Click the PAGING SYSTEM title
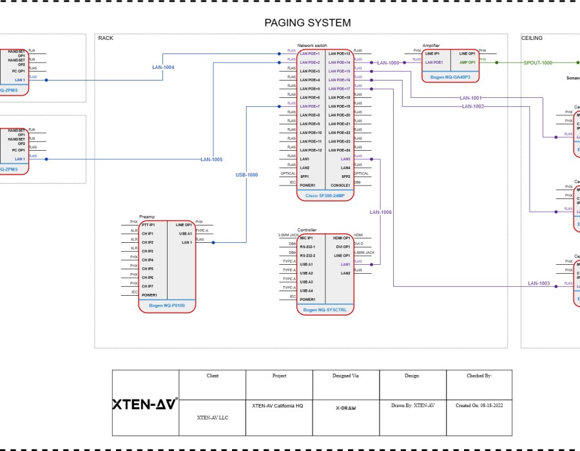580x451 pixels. [x=307, y=23]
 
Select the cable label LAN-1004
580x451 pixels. [x=163, y=67]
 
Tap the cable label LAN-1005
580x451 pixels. [x=211, y=159]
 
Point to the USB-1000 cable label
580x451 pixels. [x=246, y=175]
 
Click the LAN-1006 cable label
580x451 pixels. [x=380, y=212]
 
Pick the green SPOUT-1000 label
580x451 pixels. [x=537, y=62]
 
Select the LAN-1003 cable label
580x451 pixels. [x=539, y=283]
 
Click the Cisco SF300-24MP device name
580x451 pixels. [x=325, y=195]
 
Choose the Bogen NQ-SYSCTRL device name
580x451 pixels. [x=325, y=310]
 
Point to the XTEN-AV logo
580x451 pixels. [x=145, y=405]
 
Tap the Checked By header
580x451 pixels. [x=479, y=375]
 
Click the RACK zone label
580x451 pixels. [x=106, y=38]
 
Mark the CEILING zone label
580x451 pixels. [x=532, y=38]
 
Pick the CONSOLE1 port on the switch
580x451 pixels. [x=340, y=186]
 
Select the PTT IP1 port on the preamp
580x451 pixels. [x=148, y=225]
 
